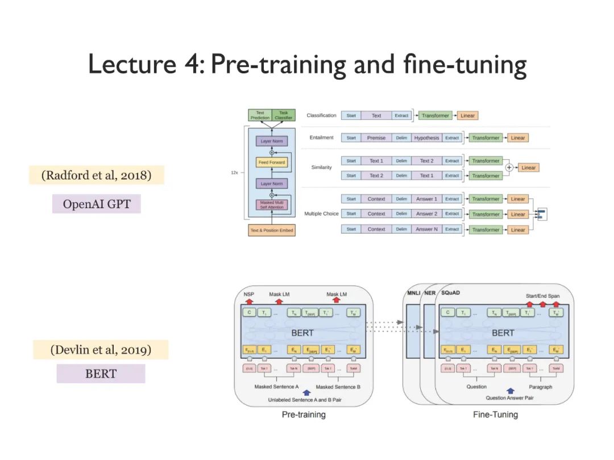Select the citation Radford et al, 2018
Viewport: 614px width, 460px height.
coord(97,175)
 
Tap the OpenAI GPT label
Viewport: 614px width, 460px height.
coord(96,204)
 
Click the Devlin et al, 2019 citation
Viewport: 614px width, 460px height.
coord(101,350)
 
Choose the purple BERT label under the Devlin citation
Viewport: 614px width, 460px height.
coord(101,374)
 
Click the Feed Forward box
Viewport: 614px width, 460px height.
coord(272,163)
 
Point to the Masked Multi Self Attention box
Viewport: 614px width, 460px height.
coord(272,204)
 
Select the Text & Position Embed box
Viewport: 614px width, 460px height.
coord(272,230)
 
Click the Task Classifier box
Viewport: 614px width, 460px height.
coord(284,115)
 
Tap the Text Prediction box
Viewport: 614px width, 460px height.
coord(260,115)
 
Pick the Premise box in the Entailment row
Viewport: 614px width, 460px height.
coord(376,138)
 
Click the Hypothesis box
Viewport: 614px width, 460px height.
coord(426,138)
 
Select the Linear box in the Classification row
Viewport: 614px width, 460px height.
coord(467,115)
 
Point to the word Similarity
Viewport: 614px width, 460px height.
coord(321,168)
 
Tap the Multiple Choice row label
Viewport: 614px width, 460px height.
coord(321,214)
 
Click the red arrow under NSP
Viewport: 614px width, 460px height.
coord(248,301)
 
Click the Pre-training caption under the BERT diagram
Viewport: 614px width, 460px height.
coord(304,415)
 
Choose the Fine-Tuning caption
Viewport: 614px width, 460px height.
coord(495,415)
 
